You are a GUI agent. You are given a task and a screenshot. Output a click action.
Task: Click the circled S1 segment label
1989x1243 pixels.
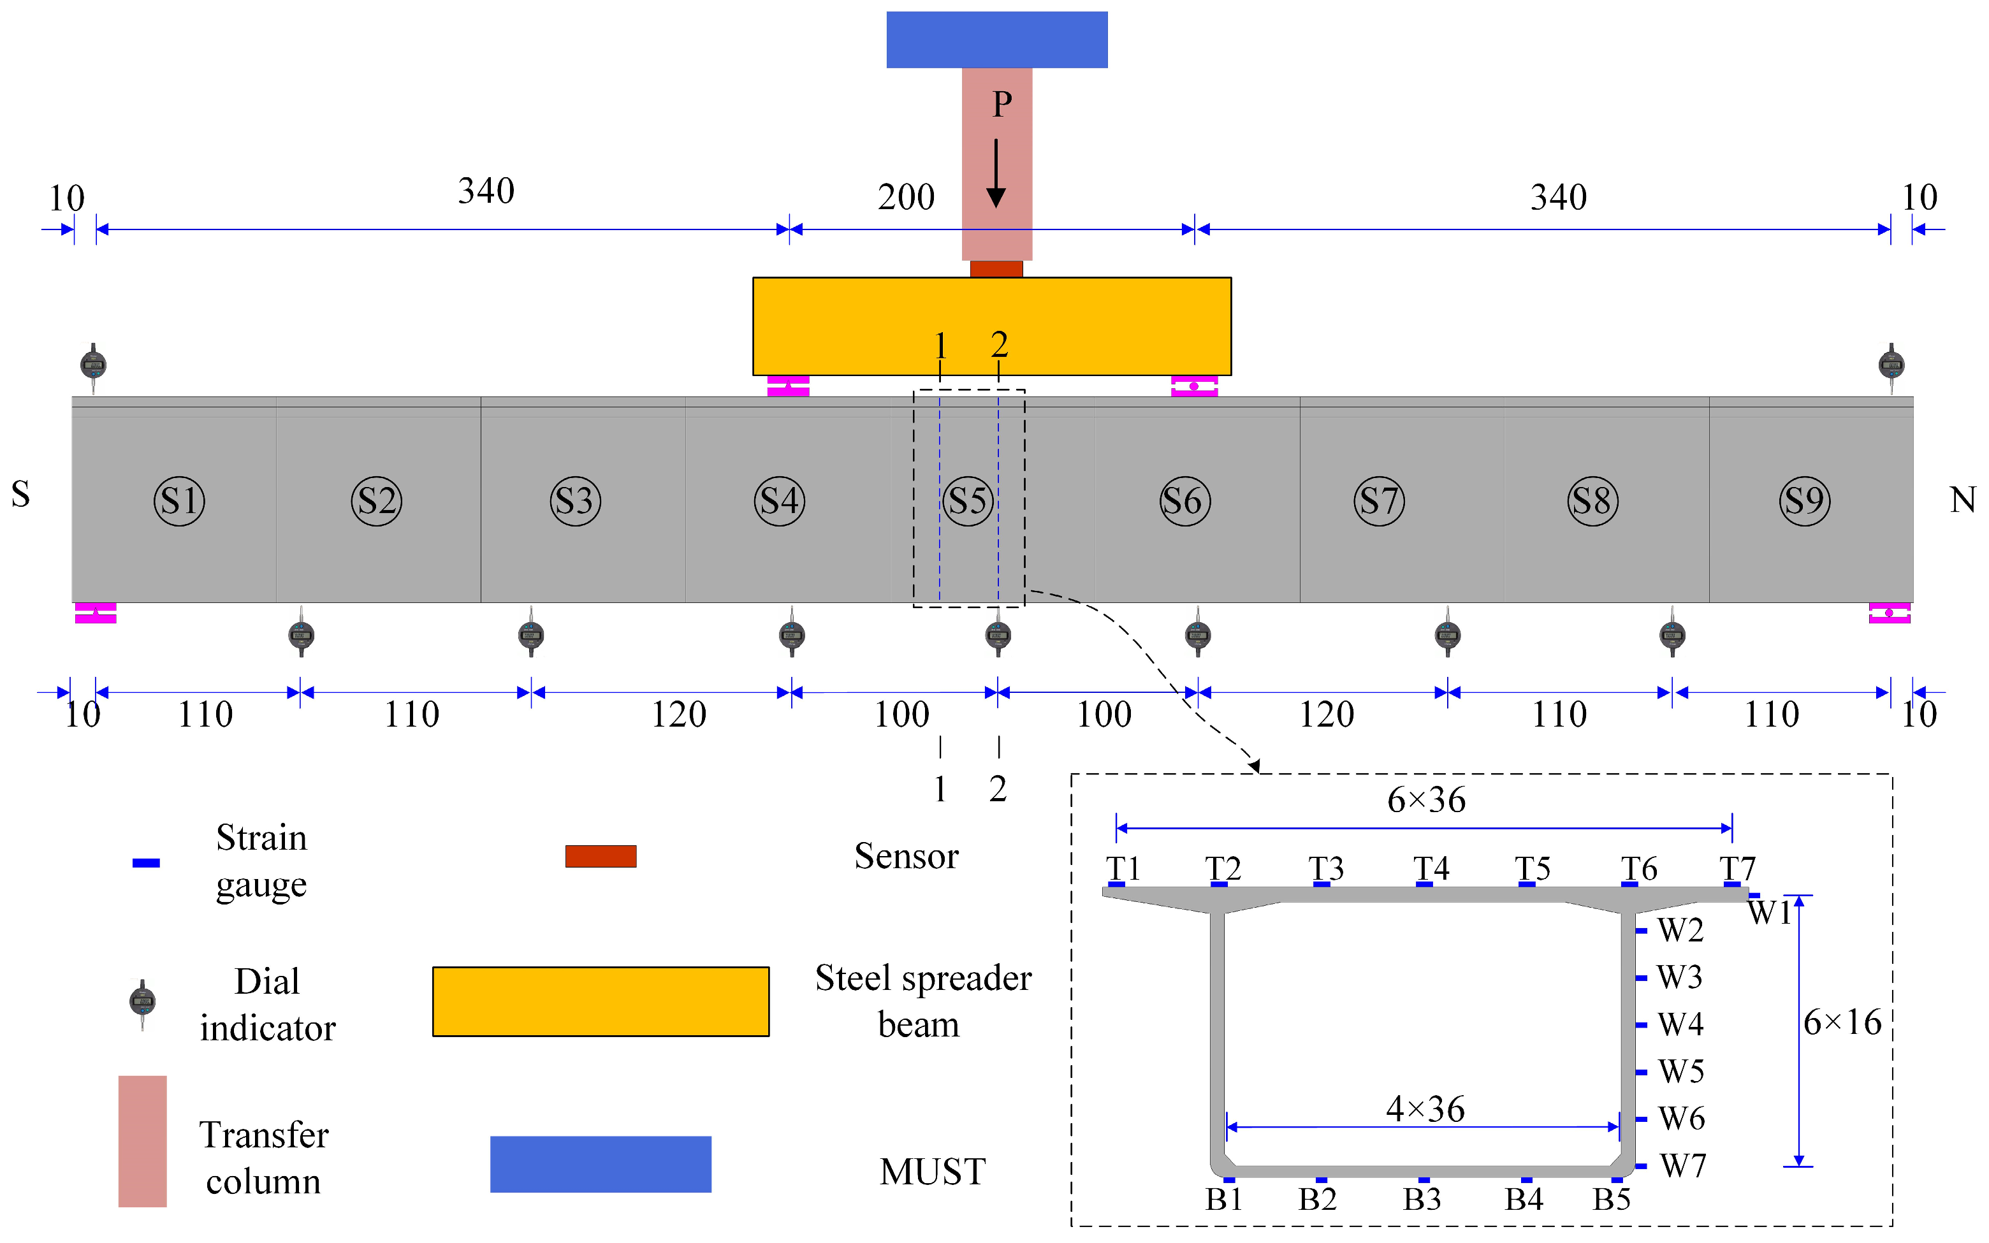pos(179,500)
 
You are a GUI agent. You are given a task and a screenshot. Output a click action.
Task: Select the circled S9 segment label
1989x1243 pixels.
pos(1805,500)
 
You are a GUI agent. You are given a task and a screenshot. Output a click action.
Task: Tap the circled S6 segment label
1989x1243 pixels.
pos(1184,500)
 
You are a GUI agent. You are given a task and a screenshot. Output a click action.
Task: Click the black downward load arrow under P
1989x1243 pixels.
pos(996,173)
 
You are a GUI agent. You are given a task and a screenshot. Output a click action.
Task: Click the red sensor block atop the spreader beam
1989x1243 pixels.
pos(996,269)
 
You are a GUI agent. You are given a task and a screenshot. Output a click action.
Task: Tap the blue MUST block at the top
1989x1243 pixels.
pos(996,40)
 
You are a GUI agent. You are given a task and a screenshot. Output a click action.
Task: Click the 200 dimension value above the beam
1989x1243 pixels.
pos(906,198)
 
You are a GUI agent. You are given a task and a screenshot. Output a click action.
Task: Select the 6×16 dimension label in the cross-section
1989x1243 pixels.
pos(1842,1022)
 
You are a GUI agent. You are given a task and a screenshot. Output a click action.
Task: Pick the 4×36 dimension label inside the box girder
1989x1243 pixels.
pos(1425,1109)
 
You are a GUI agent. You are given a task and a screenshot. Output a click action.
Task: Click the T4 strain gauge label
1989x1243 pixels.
pos(1431,869)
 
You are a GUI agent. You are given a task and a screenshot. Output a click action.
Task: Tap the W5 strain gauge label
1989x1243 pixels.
pos(1681,1071)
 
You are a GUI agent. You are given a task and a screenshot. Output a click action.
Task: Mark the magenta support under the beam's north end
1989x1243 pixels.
pos(1889,613)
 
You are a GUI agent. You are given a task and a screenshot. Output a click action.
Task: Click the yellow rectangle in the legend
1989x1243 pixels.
pos(601,1001)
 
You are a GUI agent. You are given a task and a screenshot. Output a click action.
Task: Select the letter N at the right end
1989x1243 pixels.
pos(1963,500)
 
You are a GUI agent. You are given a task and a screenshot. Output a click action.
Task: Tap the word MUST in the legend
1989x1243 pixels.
pos(932,1172)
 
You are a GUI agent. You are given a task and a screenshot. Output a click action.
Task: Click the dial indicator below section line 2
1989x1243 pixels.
pos(998,635)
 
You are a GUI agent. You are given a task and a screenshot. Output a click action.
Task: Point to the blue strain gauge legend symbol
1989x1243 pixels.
pos(146,863)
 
